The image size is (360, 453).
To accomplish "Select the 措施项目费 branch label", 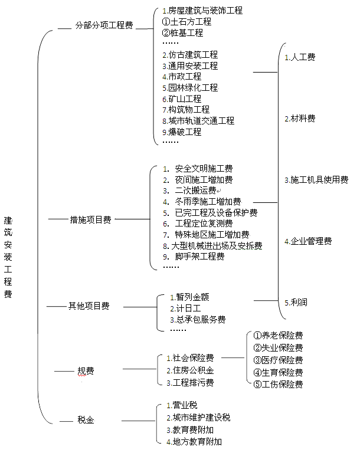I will [90, 219].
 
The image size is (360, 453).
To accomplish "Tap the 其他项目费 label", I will [89, 306].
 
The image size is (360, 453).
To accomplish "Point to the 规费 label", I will [86, 371].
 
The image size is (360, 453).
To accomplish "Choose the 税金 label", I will [86, 420].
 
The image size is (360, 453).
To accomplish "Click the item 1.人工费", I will [299, 57].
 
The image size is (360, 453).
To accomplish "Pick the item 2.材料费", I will [299, 119].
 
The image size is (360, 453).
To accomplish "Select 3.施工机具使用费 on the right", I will [316, 179].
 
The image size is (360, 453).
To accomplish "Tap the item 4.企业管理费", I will [307, 241].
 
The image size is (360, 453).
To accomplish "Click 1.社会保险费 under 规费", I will [189, 358].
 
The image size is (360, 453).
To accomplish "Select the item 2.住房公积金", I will [189, 370].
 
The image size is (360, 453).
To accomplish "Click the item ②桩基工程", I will [182, 33].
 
